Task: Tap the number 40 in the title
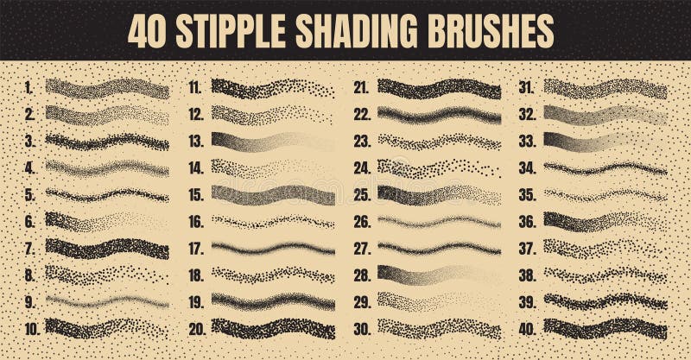(147, 31)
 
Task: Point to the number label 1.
(29, 87)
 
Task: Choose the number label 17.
(195, 249)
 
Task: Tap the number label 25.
(361, 195)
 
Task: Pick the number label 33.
(528, 141)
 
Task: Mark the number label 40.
(528, 329)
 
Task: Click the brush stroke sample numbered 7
(107, 249)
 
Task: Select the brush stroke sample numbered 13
(273, 142)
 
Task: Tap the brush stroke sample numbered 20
(273, 329)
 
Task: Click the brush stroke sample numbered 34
(605, 168)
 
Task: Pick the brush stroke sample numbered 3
(107, 142)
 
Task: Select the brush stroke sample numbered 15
(273, 195)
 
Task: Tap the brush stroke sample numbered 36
(605, 222)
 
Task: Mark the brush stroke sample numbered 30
(439, 329)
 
